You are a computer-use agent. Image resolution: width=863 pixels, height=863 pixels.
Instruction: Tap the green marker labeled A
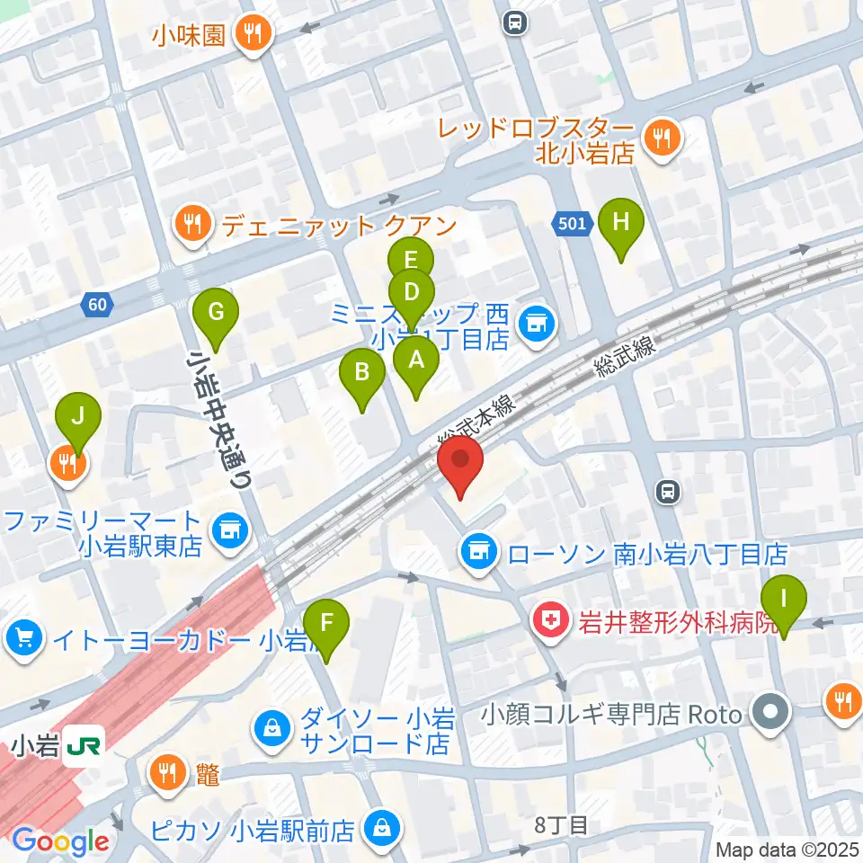point(415,361)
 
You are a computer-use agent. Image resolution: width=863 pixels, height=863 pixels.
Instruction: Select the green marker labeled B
point(362,373)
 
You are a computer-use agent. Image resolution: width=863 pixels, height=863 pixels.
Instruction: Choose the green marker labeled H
point(620,222)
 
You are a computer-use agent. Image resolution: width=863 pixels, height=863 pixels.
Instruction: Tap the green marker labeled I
point(784,600)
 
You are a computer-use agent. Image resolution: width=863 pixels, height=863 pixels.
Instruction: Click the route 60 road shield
point(98,306)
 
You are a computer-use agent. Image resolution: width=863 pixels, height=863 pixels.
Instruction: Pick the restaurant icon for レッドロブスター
point(663,138)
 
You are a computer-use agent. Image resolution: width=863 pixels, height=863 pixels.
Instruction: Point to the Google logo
point(60,841)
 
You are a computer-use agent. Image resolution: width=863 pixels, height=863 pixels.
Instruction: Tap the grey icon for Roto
point(770,715)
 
